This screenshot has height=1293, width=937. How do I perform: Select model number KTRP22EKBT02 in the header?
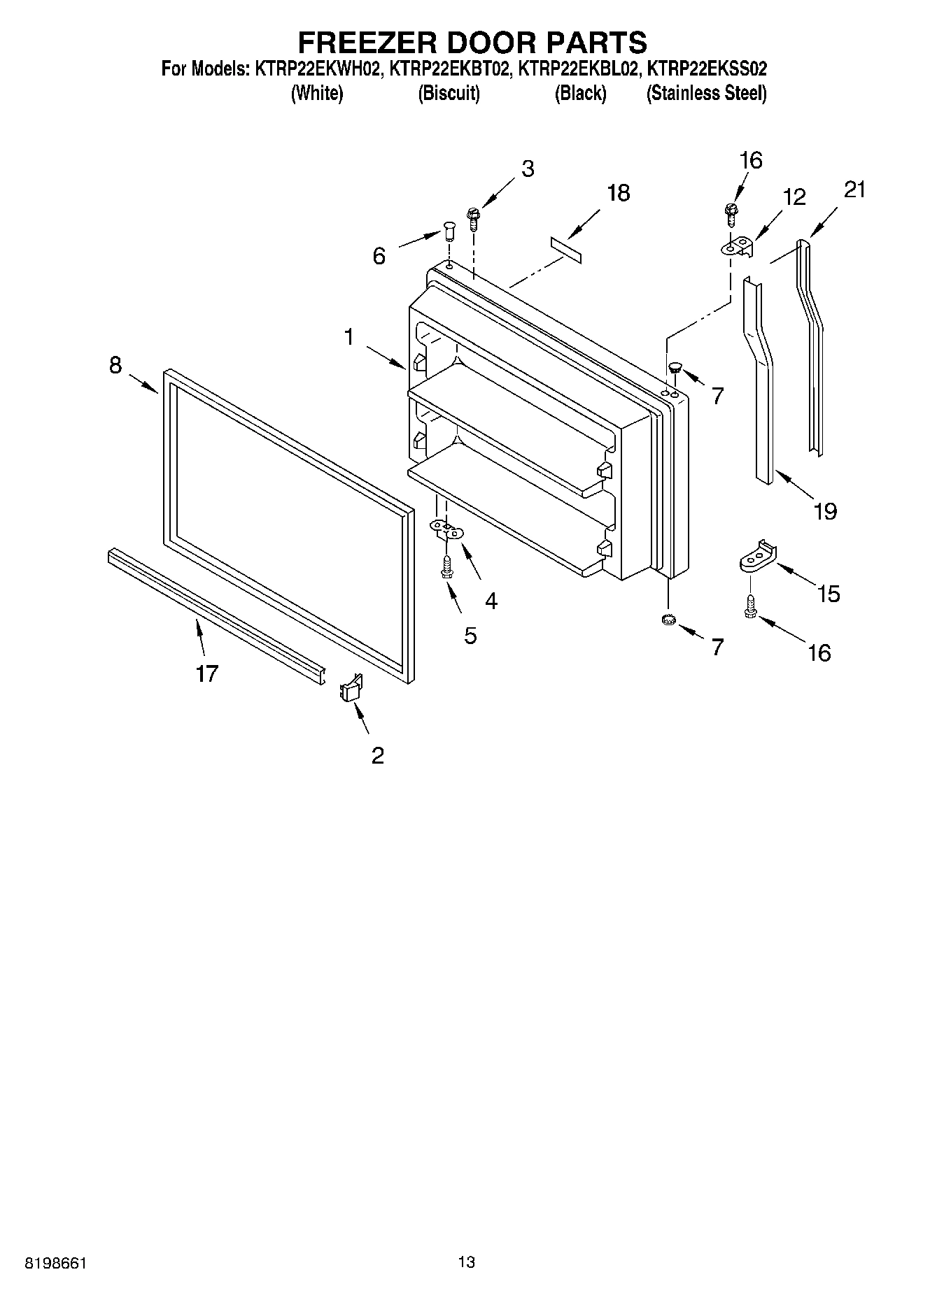[448, 69]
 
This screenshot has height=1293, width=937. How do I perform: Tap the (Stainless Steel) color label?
[706, 93]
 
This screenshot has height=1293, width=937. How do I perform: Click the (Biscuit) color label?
[449, 93]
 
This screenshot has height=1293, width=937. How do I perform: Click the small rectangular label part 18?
[565, 250]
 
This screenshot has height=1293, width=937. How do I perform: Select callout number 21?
[854, 189]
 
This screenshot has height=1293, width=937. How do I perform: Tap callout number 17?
[207, 673]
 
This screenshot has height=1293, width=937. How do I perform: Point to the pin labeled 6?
[449, 229]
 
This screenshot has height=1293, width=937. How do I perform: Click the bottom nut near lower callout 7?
[668, 619]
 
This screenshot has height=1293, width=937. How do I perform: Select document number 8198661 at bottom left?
[56, 1263]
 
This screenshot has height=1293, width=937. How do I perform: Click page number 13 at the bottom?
[467, 1262]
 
